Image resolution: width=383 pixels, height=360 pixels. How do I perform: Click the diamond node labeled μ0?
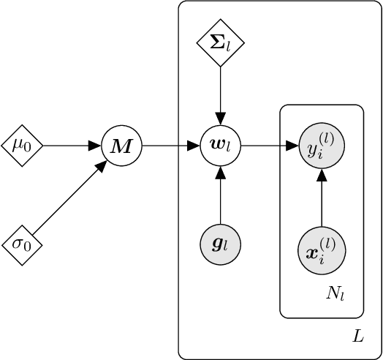click(x=22, y=146)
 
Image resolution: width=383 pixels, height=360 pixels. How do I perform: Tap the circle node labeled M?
click(x=121, y=146)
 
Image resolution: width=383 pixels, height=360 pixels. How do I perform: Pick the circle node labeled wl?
click(x=220, y=146)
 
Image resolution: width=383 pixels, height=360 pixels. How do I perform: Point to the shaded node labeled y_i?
click(x=322, y=146)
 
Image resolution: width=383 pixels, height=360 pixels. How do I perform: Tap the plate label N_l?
click(x=335, y=295)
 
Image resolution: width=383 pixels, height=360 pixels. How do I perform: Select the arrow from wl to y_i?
click(x=270, y=146)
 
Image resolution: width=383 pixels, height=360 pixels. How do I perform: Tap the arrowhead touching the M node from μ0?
click(x=95, y=146)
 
